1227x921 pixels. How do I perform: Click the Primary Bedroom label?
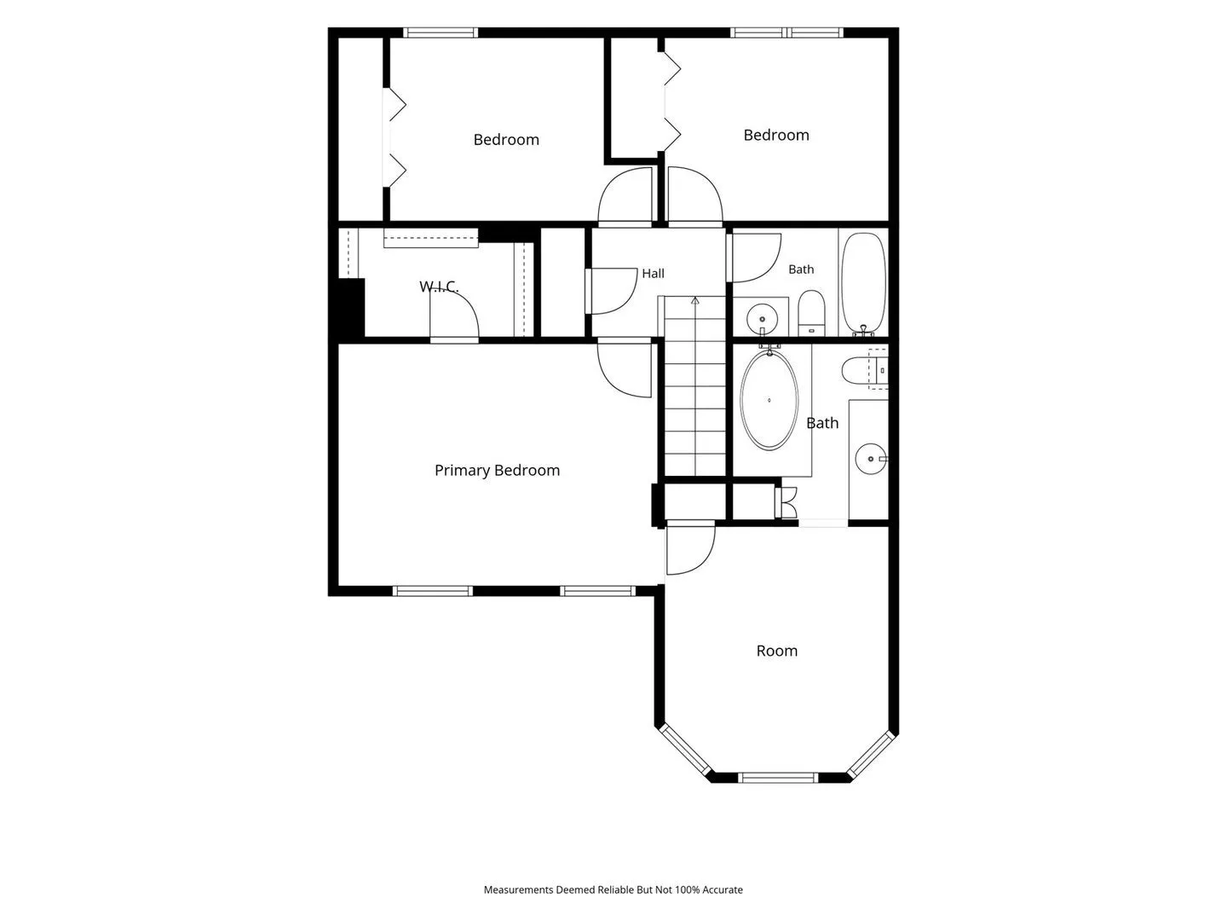point(497,471)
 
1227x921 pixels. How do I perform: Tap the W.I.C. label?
point(439,287)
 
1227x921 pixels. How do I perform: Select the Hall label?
point(653,274)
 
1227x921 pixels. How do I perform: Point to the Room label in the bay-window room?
point(776,651)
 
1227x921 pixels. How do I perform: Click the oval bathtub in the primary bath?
point(769,400)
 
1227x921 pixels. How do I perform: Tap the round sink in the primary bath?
point(871,459)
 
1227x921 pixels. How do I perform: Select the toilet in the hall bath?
point(811,313)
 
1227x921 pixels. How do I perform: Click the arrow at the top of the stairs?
point(694,301)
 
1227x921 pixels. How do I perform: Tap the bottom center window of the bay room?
point(778,777)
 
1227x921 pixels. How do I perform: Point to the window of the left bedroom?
point(441,32)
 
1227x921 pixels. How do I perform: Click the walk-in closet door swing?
point(454,317)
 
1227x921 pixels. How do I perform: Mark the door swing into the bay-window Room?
point(691,548)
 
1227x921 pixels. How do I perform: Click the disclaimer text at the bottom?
point(613,889)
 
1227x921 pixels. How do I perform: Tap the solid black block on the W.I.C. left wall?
point(351,308)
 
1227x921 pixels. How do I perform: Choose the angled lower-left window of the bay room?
point(685,750)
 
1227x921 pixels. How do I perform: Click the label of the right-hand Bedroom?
point(776,136)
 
